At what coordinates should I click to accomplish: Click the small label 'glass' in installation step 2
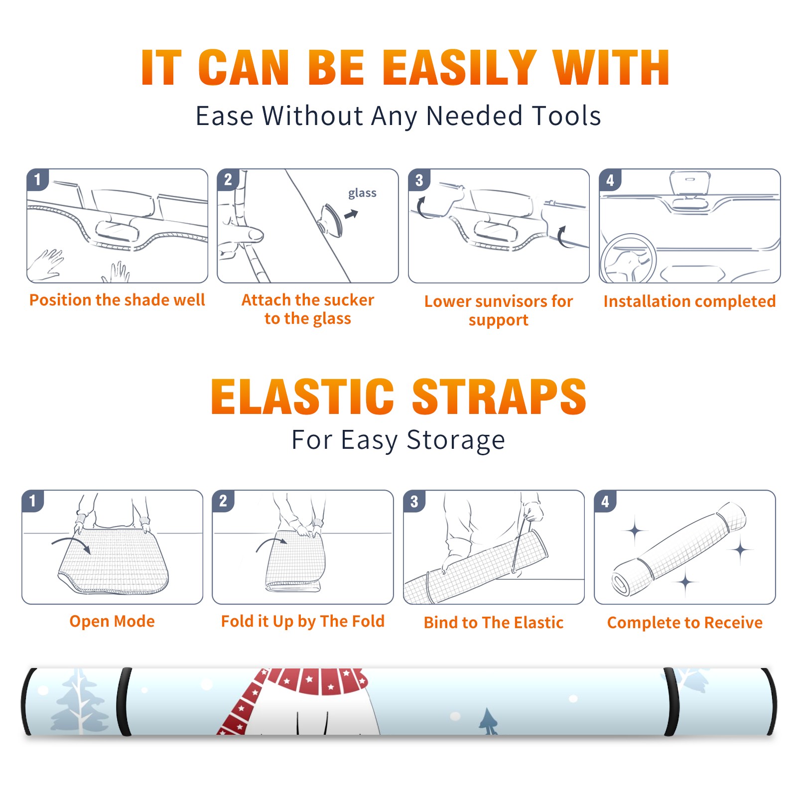[362, 193]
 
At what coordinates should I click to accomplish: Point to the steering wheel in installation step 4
[629, 259]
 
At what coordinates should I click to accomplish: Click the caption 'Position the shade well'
[117, 300]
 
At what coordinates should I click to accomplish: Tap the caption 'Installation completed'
[689, 301]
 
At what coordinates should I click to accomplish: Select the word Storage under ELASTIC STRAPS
[456, 440]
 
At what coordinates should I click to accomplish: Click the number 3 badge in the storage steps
[414, 502]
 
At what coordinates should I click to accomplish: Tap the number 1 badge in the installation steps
[37, 179]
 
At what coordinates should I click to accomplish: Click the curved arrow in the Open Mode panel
[71, 544]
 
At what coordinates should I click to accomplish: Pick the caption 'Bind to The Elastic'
[493, 623]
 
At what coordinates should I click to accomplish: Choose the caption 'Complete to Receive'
[684, 623]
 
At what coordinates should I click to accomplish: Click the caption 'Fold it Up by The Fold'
[302, 621]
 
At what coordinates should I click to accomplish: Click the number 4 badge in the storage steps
[605, 502]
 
